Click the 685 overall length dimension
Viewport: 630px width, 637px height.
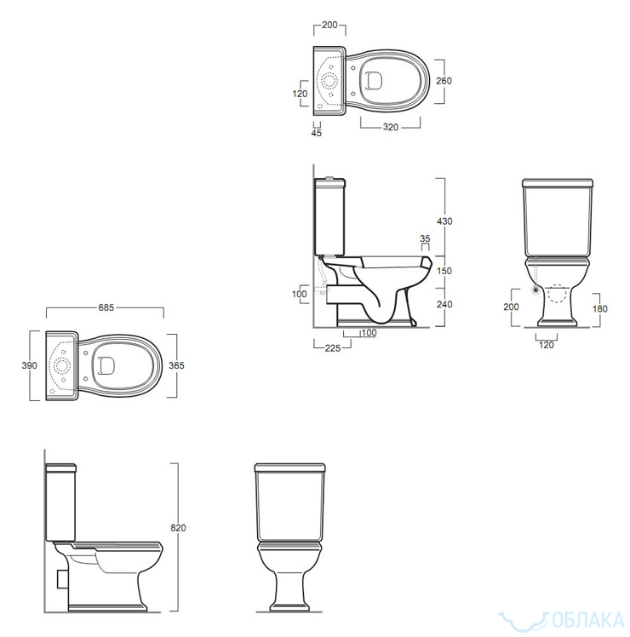click(x=106, y=307)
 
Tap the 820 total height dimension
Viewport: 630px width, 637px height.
click(x=178, y=528)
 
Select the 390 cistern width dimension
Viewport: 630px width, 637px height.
click(x=29, y=365)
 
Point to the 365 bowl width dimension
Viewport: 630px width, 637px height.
click(x=176, y=365)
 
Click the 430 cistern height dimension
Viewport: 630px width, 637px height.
click(x=444, y=221)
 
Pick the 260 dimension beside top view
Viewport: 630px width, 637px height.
click(x=444, y=81)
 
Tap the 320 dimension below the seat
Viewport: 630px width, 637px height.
click(x=391, y=127)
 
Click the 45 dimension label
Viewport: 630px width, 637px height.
click(x=317, y=133)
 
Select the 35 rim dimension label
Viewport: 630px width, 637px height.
click(x=425, y=238)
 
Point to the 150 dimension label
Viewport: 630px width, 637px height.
click(x=444, y=271)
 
